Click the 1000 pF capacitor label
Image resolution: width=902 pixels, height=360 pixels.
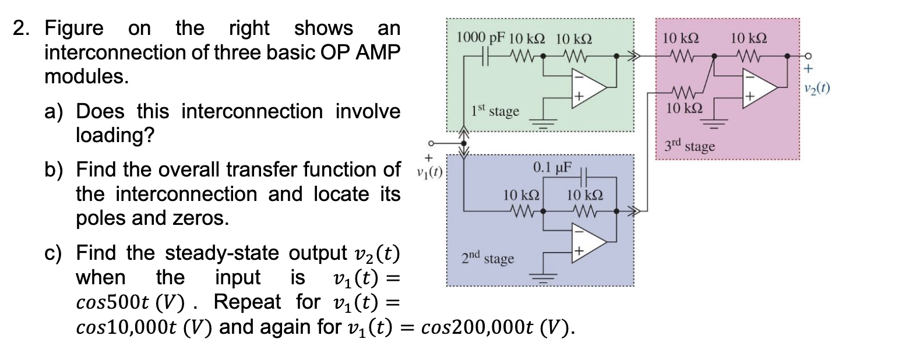click(x=482, y=38)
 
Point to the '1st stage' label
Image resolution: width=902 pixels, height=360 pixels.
click(x=495, y=110)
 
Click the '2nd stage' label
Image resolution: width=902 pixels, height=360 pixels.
click(x=488, y=257)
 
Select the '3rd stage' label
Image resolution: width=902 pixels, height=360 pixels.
click(x=690, y=146)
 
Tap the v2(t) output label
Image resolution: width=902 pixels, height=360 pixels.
click(x=816, y=89)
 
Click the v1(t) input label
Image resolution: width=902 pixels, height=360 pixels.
click(x=429, y=172)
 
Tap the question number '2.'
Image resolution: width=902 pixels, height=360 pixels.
click(x=24, y=28)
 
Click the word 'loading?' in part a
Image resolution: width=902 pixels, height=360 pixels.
click(x=115, y=135)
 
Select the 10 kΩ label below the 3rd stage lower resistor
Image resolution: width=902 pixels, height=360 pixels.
click(x=684, y=108)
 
